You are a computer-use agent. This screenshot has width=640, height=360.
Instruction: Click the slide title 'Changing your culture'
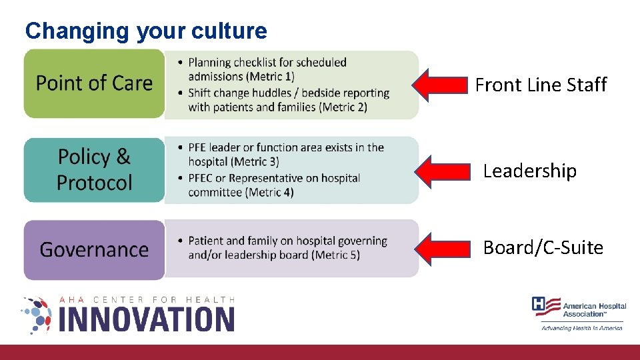click(x=145, y=31)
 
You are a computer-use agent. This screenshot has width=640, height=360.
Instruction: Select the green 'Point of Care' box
click(x=94, y=83)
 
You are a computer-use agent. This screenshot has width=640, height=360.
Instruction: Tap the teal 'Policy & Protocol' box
click(x=94, y=170)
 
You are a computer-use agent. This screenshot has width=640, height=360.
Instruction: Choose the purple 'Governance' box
click(x=94, y=249)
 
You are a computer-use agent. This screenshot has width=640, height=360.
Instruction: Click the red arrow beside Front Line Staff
click(x=440, y=85)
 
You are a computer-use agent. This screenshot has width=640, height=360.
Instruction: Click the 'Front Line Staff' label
click(x=541, y=85)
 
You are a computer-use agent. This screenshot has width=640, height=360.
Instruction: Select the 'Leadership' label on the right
click(x=529, y=171)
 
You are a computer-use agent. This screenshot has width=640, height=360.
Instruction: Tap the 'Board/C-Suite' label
click(x=543, y=248)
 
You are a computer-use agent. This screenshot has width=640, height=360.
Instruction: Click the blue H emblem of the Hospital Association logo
click(x=541, y=305)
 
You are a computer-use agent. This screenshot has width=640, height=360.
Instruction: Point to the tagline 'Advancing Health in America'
click(x=581, y=327)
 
